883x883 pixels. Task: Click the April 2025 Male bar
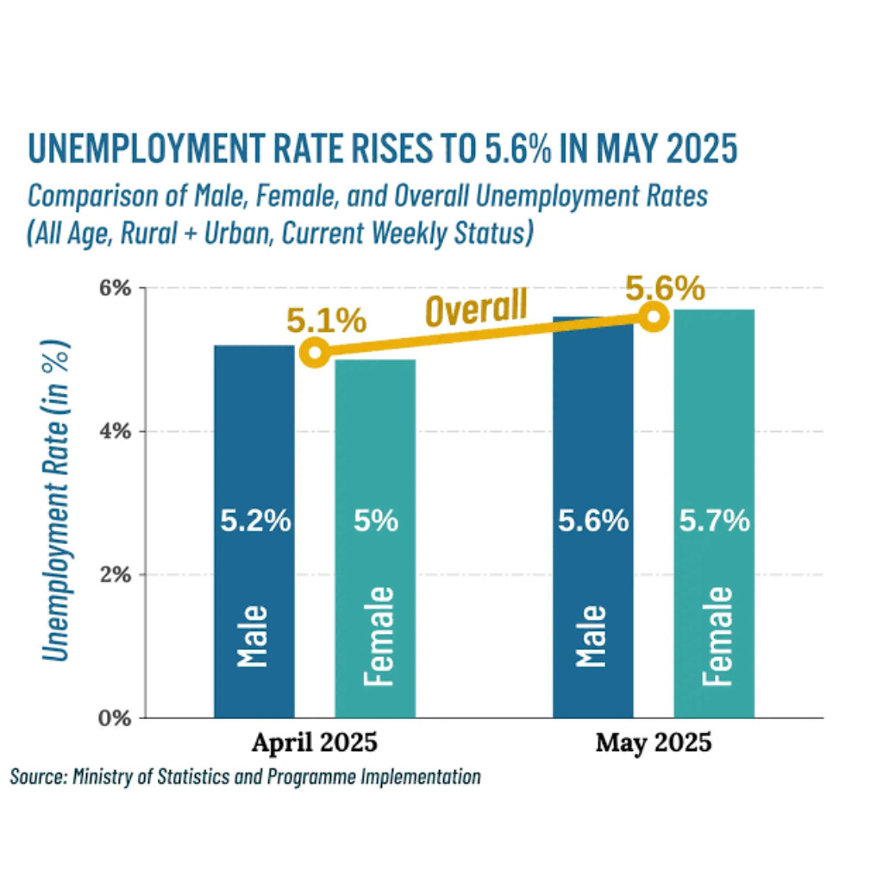(x=254, y=531)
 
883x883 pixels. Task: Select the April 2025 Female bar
(x=375, y=538)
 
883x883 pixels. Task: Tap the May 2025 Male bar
(x=593, y=517)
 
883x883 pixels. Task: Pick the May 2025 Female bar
(x=714, y=514)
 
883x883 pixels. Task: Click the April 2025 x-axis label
(x=314, y=742)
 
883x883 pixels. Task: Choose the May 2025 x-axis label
(x=654, y=742)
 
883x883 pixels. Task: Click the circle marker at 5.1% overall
(x=315, y=353)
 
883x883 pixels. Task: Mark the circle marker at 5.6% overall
(x=654, y=316)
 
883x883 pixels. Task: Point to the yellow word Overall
(x=476, y=308)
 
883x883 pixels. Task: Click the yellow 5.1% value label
(x=327, y=321)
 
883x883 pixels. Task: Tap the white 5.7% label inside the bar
(x=714, y=521)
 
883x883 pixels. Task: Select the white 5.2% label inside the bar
(x=255, y=521)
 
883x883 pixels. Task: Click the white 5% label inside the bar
(x=376, y=521)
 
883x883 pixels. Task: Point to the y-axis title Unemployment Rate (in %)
(x=55, y=501)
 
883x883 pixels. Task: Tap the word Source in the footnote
(x=38, y=777)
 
